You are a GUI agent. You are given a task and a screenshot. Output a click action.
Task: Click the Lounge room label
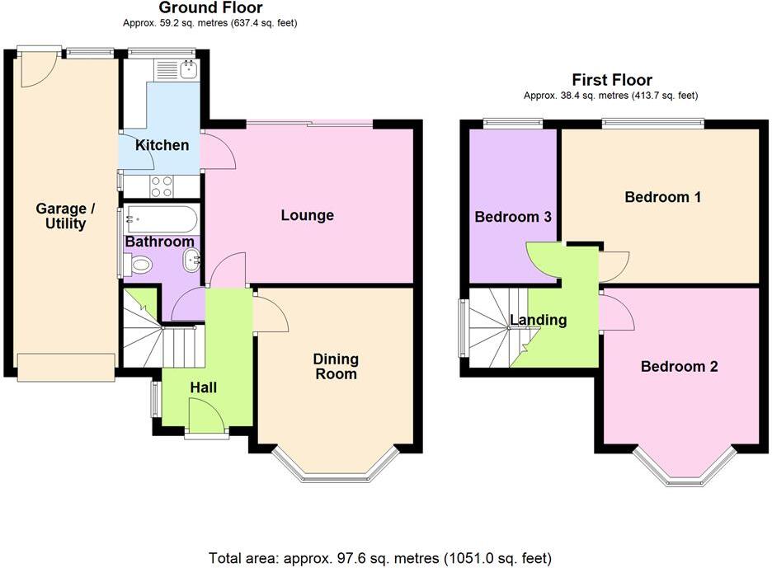click(307, 215)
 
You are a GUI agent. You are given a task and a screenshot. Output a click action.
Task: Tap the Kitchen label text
click(162, 145)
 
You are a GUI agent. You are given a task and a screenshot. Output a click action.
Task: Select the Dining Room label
click(336, 366)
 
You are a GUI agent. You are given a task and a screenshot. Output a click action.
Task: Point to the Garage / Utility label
click(65, 216)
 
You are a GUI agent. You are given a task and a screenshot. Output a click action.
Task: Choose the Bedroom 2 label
click(679, 366)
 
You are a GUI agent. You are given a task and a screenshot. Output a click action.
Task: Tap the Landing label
click(538, 320)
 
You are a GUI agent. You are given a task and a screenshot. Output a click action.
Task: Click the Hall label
click(204, 387)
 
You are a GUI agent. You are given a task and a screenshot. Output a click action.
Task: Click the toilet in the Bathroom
click(139, 265)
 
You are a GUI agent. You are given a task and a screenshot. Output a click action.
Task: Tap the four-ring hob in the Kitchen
click(162, 186)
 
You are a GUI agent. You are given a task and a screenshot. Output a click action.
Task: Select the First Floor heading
click(611, 80)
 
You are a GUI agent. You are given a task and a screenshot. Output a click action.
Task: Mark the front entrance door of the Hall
click(206, 415)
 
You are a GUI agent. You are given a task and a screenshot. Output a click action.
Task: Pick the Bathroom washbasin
click(192, 262)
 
